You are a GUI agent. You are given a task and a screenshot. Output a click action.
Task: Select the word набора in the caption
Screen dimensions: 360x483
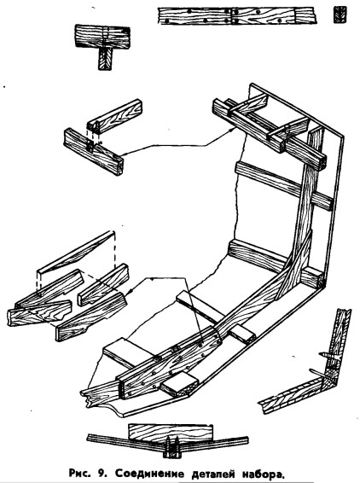click(263, 474)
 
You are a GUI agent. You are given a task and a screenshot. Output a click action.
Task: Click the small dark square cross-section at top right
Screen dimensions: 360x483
click(340, 15)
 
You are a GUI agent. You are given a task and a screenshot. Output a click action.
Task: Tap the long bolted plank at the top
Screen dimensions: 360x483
click(237, 16)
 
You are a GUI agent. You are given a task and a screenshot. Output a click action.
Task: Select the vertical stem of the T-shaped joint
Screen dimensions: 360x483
click(105, 59)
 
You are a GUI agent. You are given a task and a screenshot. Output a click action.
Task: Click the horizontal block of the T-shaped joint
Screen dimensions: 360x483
click(102, 37)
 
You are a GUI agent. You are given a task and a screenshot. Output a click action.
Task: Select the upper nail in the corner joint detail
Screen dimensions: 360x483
click(328, 356)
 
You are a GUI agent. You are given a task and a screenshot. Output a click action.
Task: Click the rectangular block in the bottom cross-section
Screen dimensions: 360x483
click(171, 434)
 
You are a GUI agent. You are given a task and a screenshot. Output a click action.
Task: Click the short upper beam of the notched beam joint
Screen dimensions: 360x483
click(115, 116)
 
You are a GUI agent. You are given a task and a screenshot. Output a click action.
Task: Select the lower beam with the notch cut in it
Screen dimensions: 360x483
click(93, 151)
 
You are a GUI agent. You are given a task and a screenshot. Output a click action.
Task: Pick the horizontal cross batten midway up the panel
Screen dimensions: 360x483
click(283, 186)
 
